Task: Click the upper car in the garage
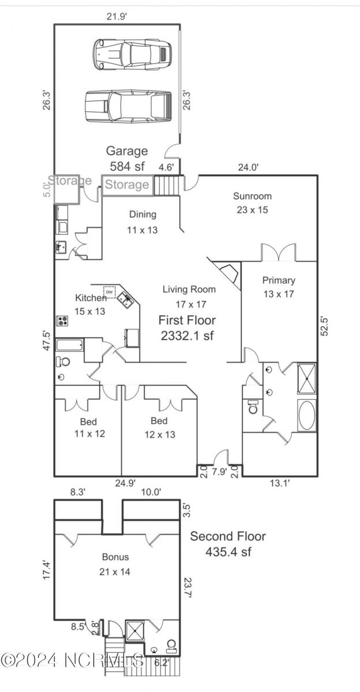[x=133, y=54]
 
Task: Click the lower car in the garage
[x=128, y=106]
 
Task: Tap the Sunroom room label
[x=252, y=203]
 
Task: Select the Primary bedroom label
[x=279, y=287]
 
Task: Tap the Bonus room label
[x=115, y=565]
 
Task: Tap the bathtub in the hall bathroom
[x=70, y=345]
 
